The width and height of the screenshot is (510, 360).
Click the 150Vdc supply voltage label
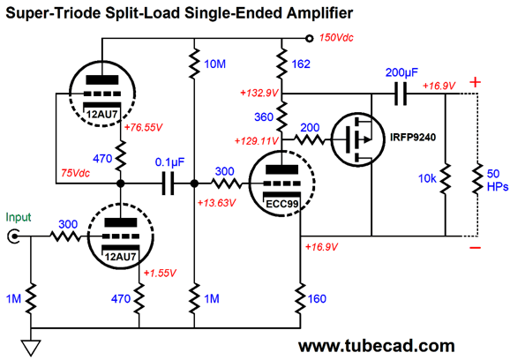click(x=336, y=38)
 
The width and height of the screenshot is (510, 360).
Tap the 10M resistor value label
click(x=214, y=64)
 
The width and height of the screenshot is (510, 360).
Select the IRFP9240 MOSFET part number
click(x=413, y=138)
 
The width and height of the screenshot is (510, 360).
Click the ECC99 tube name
click(x=282, y=204)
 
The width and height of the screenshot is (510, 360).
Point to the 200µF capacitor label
click(x=401, y=72)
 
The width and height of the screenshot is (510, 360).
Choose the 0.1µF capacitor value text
click(x=169, y=162)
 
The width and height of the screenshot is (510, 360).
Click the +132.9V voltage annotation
click(x=259, y=93)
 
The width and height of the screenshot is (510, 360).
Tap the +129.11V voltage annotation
click(x=256, y=141)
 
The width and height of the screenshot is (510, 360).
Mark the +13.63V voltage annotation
click(x=216, y=203)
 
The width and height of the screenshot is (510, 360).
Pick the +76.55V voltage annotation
click(x=143, y=127)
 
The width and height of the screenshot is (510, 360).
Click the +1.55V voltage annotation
click(x=160, y=273)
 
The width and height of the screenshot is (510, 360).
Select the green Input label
click(x=19, y=217)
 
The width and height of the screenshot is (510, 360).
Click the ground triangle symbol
click(x=31, y=348)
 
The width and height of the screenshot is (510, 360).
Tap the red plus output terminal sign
click(x=476, y=82)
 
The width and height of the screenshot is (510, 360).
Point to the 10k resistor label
click(x=427, y=178)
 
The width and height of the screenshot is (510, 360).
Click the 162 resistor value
click(x=301, y=64)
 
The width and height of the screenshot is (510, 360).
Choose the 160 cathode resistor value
click(x=317, y=299)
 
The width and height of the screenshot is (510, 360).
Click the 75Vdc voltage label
click(x=75, y=173)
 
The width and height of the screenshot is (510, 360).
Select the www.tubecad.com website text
click(x=376, y=346)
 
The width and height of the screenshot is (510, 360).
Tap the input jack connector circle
click(x=13, y=236)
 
